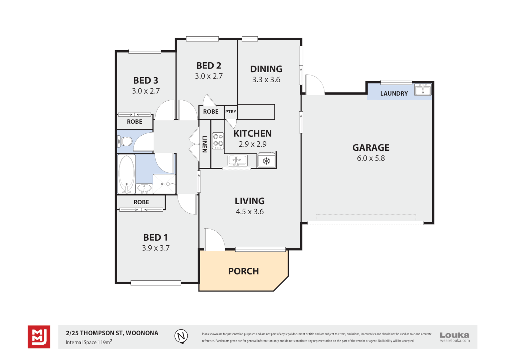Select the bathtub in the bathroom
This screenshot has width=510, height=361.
pos(126,174)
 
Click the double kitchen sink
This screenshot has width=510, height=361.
pos(237,160)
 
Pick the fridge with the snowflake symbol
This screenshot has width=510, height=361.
pos(266,161)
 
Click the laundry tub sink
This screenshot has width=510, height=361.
pos(423,90)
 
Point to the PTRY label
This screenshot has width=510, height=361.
pos(231,112)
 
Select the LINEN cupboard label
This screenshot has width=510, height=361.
pos(205,144)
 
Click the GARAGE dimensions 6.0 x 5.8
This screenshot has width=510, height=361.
pos(371,158)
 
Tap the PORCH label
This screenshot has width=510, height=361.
pos(243,271)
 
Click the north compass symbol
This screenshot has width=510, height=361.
pos(181,336)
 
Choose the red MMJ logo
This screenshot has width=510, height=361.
pos(39,337)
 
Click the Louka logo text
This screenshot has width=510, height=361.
pos(454,335)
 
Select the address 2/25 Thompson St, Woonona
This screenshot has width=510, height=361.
pos(112,333)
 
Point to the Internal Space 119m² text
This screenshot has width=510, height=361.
pos(89,342)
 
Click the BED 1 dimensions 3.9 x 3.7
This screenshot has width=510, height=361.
pos(156,248)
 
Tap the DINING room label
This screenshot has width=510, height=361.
pos(266,69)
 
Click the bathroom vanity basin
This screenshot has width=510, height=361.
pos(145,189)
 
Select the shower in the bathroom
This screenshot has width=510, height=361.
pos(164,184)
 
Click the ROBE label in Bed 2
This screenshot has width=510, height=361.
pos(211,112)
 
